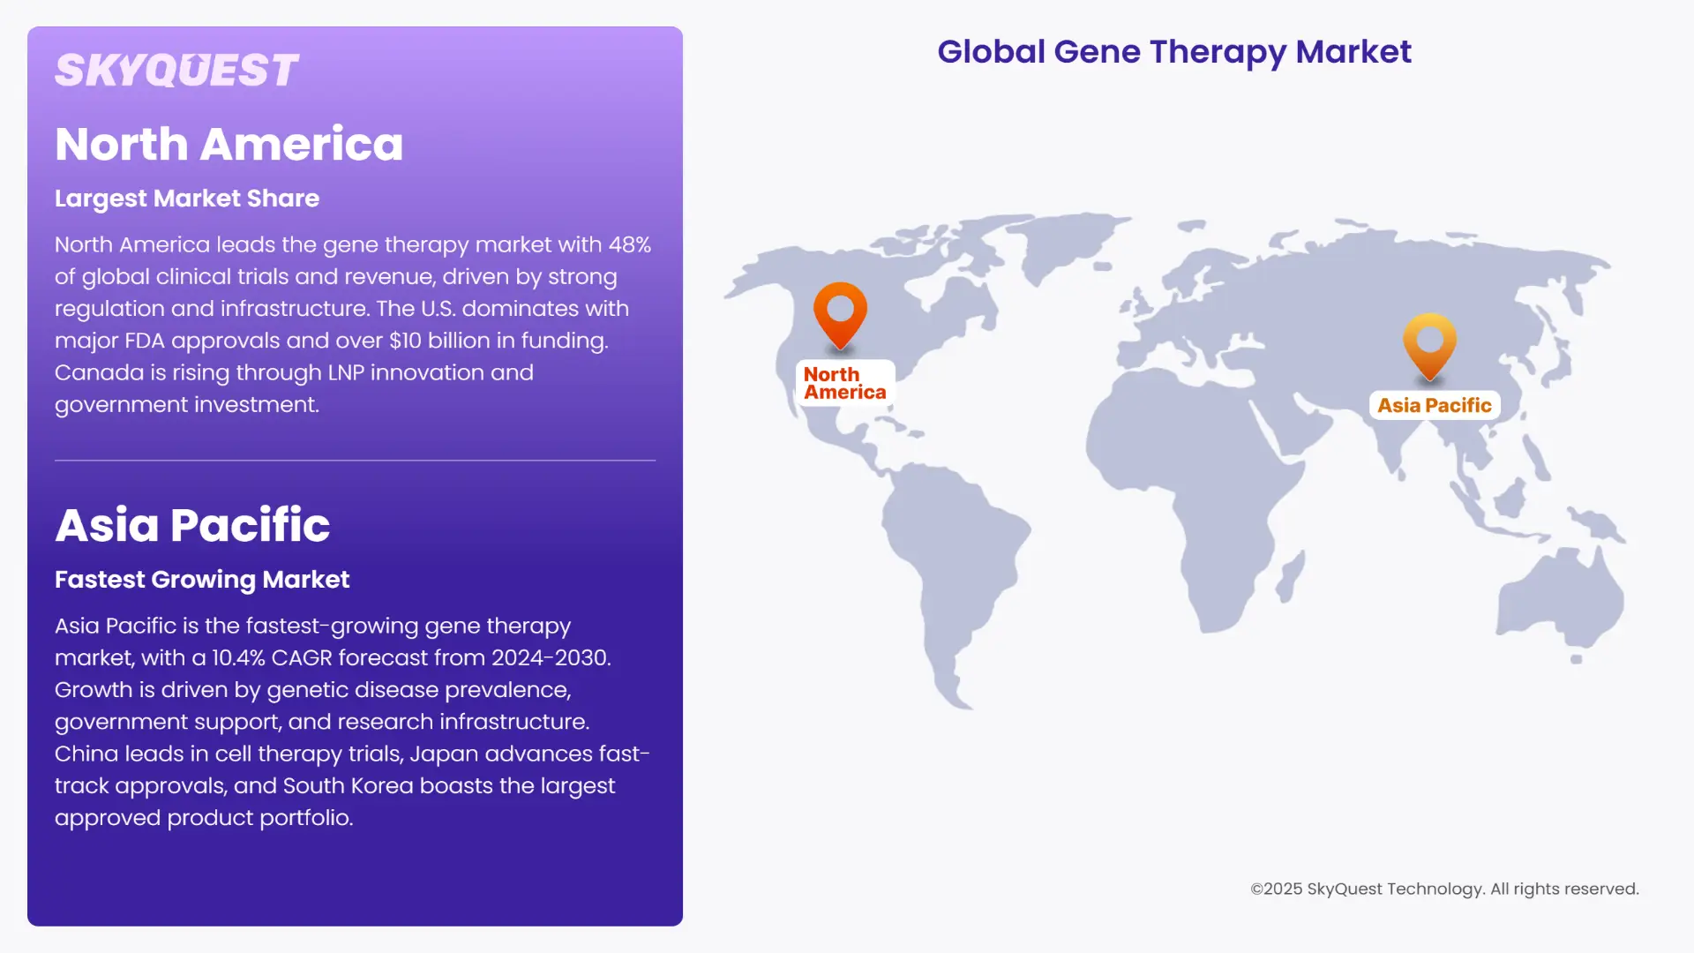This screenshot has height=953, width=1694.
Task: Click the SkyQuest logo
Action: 176,71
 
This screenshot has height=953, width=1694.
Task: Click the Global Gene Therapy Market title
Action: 1173,52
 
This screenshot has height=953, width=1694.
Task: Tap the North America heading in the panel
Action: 229,144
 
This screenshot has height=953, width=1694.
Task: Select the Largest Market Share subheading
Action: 187,199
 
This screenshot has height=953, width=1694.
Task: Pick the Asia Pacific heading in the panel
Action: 192,525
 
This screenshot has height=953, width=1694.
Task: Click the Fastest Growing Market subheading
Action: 202,580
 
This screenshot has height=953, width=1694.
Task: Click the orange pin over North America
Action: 840,311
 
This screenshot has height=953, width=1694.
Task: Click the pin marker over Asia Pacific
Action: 1429,343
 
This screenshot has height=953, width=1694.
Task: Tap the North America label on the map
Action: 844,383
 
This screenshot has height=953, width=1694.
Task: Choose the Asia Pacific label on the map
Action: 1434,406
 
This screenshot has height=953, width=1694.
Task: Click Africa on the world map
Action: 1209,494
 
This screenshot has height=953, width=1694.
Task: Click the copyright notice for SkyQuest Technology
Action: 1444,889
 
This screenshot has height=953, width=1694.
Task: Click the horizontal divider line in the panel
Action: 355,460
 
